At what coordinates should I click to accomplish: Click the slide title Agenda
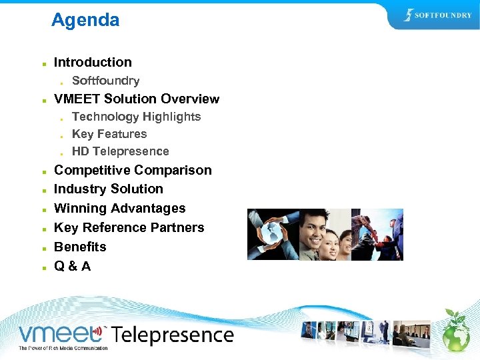pos(85,20)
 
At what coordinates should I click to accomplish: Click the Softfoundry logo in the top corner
pos(439,15)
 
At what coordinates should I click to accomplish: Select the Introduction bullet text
pos(93,62)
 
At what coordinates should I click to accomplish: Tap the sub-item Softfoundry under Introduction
pos(105,81)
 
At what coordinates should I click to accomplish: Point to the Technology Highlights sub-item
pos(136,117)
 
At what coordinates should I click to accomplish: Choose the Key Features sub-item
pos(109,134)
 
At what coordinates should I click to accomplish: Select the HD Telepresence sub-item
pos(120,151)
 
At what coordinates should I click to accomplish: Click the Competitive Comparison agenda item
pos(133,170)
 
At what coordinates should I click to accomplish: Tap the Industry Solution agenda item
pos(108,189)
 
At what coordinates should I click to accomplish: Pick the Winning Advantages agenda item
pos(119,208)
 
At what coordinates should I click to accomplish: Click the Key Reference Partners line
pos(129,227)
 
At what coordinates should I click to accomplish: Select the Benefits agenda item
pos(80,247)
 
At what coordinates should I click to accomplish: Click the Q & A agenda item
pos(72,266)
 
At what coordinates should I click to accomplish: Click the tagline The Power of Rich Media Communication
pos(63,348)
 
